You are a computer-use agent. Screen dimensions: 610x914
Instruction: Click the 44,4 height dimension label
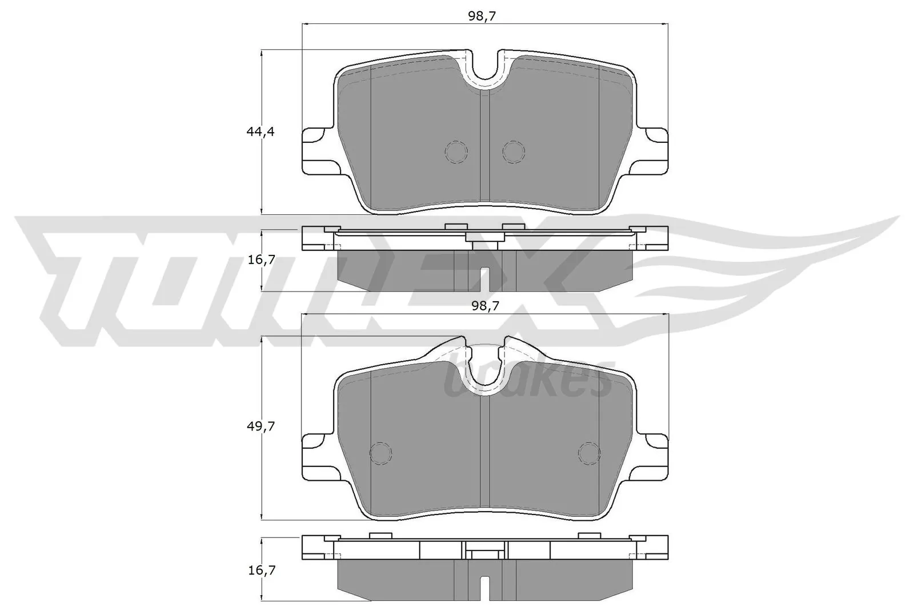(x=260, y=131)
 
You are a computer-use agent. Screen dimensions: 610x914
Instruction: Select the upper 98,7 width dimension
(x=481, y=16)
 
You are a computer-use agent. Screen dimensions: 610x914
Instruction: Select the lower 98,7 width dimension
(x=485, y=306)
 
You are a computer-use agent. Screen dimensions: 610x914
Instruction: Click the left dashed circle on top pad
(x=456, y=151)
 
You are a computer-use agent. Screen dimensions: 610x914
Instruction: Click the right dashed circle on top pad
(x=513, y=151)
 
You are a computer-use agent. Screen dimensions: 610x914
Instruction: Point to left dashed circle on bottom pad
(x=381, y=453)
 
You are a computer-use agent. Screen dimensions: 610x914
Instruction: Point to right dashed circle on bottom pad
(x=589, y=453)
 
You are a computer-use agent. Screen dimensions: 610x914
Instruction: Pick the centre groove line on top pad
(x=485, y=149)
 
